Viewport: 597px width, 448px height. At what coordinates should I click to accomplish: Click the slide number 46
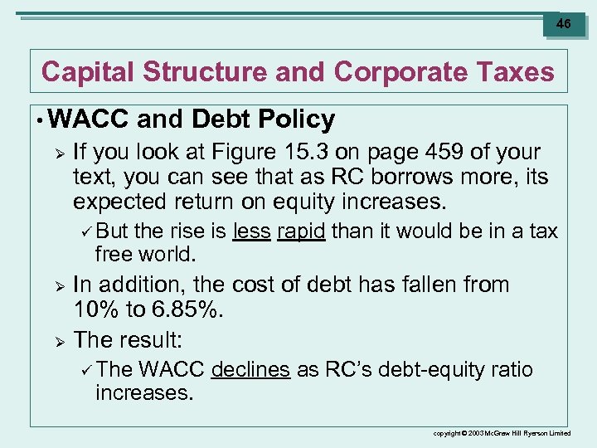tap(563, 24)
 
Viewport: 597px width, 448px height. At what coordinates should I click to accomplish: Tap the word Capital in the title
tap(88, 72)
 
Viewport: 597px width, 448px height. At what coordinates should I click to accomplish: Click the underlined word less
tap(252, 231)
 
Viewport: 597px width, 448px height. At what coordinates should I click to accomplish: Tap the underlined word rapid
tap(301, 231)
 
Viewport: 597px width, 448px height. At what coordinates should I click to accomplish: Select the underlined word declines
tap(250, 370)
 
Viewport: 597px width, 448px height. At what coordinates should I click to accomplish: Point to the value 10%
tap(97, 311)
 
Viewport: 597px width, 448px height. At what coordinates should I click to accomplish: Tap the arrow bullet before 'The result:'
tap(59, 339)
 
